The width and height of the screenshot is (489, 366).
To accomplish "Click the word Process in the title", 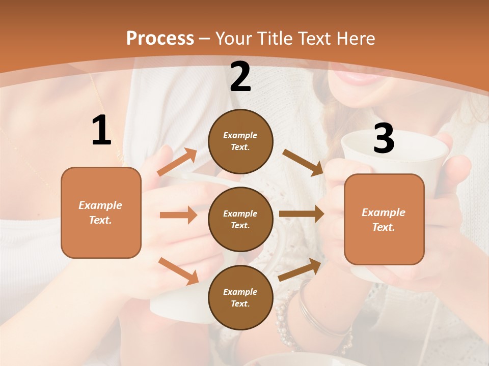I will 160,39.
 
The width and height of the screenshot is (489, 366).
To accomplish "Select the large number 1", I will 101,131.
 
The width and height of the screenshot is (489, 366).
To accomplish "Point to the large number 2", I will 240,77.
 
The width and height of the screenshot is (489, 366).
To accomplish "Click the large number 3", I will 384,138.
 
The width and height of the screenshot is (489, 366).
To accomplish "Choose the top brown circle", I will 240,141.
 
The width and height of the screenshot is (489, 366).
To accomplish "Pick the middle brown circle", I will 240,219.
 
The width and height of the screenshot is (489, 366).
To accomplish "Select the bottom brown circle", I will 240,297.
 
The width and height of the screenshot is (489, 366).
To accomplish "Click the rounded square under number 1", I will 101,212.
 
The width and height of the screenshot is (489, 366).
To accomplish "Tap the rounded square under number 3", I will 384,219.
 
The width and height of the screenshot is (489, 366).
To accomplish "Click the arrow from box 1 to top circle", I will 177,162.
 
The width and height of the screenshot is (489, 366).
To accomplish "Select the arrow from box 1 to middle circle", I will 178,215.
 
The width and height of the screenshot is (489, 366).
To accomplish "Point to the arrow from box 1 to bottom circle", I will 178,271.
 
